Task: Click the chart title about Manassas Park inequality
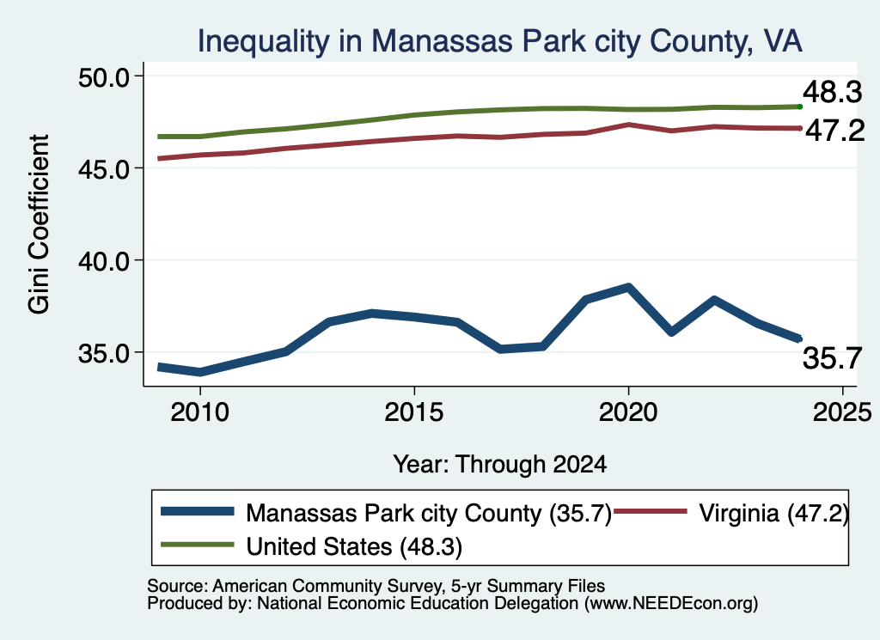pos(499,41)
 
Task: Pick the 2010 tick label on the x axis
pos(199,413)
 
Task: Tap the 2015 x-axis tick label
pos(414,413)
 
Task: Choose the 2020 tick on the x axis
pos(628,413)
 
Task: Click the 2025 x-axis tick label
pos(842,413)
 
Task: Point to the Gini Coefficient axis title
pos(39,224)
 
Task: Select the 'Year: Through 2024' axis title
pos(499,465)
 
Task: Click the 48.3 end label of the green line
pos(832,91)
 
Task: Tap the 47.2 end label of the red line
pos(835,131)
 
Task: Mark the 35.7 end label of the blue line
pos(832,358)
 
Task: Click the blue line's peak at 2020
pos(628,288)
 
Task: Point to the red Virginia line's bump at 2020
pos(628,125)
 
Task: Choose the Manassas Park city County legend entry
pos(387,513)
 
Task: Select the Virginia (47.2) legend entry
pos(731,513)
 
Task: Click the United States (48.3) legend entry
pos(311,547)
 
